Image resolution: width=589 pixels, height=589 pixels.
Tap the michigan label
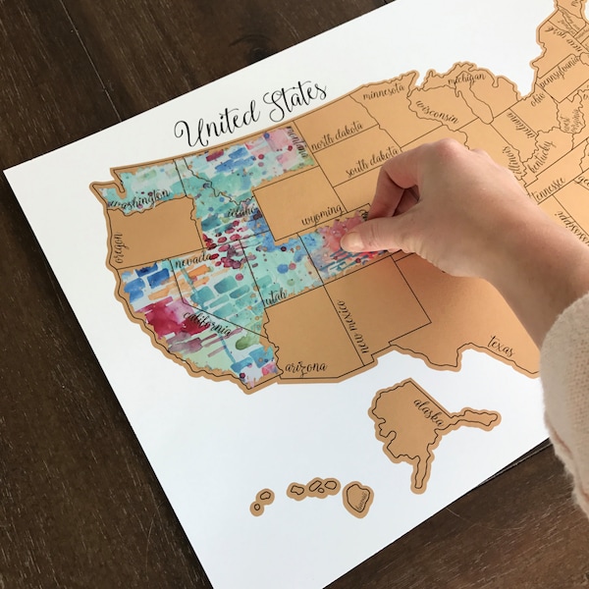pos(469,78)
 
